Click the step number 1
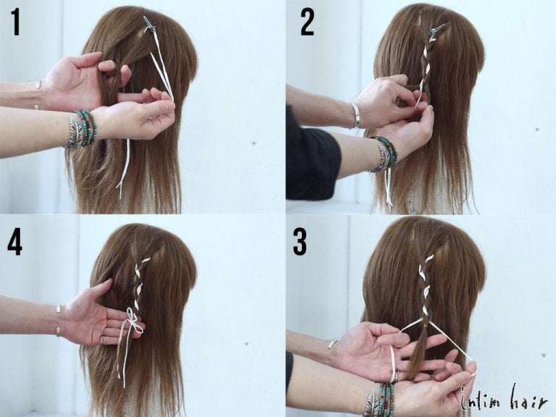(15, 22)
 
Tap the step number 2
(307, 22)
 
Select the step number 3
(300, 242)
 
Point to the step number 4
(14, 243)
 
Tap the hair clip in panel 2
(437, 30)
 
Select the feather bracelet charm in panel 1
(75, 131)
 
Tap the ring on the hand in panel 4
(102, 341)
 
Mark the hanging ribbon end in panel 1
(123, 167)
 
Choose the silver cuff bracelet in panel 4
(58, 319)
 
